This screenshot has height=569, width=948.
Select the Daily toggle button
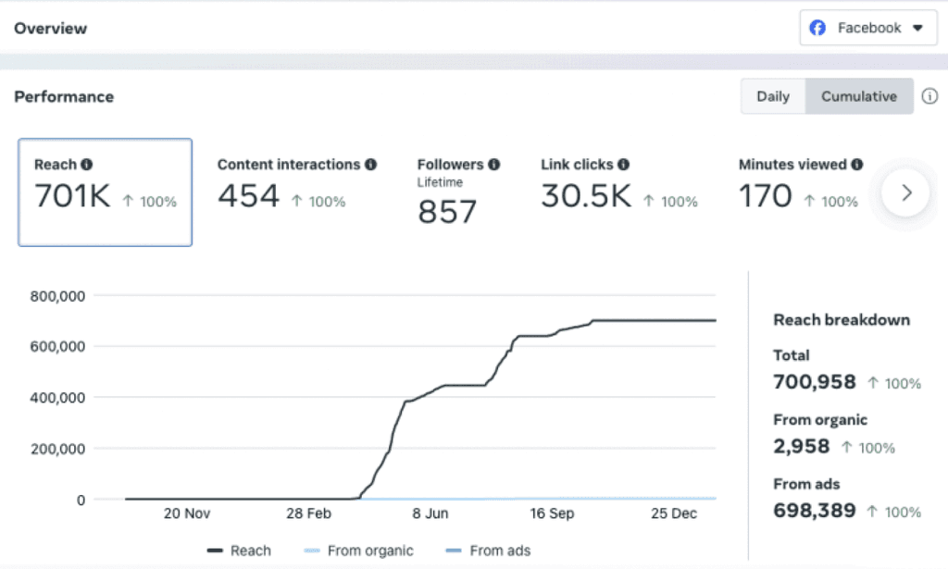(x=773, y=96)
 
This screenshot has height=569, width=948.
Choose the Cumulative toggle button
(x=859, y=96)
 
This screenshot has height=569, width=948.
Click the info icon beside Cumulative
(x=929, y=96)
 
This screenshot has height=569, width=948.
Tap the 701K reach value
(x=72, y=196)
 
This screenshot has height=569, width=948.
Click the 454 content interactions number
(x=248, y=196)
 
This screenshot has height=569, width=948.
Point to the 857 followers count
(x=447, y=212)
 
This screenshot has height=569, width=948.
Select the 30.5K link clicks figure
(x=586, y=196)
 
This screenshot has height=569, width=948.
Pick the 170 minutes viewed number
(x=765, y=196)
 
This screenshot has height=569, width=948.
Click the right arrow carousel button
(x=905, y=192)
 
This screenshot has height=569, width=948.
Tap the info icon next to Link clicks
(x=623, y=165)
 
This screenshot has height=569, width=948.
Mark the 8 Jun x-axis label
(x=430, y=514)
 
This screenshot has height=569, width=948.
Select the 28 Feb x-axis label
(x=307, y=514)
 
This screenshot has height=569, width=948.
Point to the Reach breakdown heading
(x=842, y=320)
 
